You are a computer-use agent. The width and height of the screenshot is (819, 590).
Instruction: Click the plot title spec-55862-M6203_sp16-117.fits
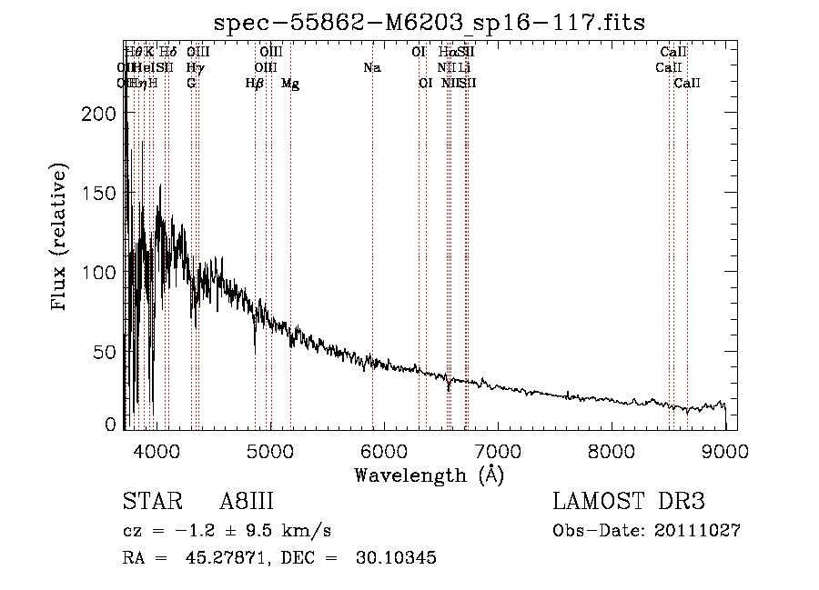click(430, 23)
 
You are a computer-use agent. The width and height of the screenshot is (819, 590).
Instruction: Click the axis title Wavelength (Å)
click(429, 475)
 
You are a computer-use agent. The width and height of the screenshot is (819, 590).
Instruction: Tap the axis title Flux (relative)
click(60, 238)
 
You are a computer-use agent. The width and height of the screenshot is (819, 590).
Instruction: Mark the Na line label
click(371, 67)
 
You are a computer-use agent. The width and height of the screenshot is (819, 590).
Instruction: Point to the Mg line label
click(290, 84)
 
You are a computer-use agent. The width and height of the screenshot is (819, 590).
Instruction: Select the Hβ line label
click(255, 84)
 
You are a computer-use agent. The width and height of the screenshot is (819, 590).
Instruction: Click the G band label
click(191, 84)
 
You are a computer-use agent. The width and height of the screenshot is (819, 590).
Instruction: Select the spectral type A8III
click(247, 503)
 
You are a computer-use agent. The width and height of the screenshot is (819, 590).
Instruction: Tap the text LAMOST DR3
click(629, 503)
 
